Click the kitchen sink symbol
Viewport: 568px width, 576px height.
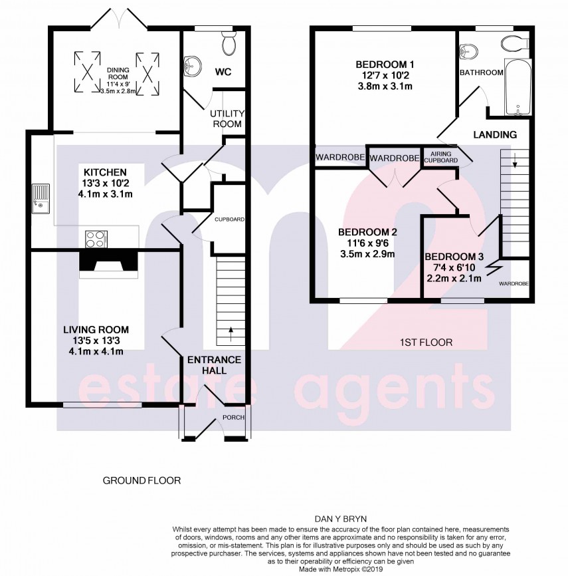[x=38, y=198]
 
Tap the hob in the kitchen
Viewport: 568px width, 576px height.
[x=96, y=237]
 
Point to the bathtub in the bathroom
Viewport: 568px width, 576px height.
[x=516, y=87]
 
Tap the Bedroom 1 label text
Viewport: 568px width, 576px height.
[x=385, y=65]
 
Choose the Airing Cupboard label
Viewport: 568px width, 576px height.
[x=440, y=157]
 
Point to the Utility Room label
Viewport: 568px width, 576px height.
[x=226, y=119]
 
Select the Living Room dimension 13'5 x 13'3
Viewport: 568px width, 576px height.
[x=96, y=341]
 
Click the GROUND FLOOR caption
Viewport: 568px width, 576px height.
[x=141, y=480]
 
